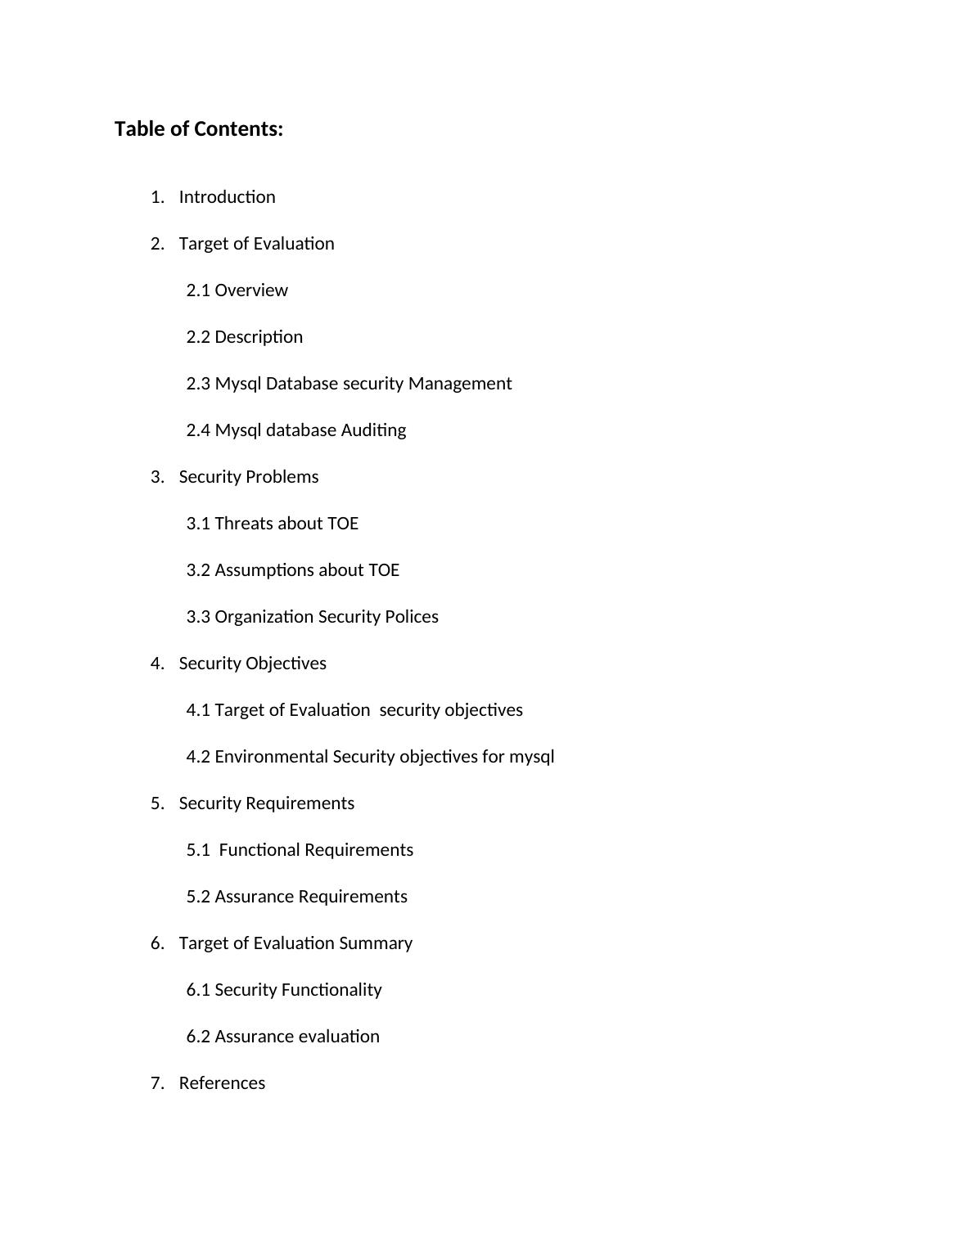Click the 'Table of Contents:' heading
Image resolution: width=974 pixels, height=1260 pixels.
[x=199, y=129]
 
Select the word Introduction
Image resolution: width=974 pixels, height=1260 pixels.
[x=227, y=197]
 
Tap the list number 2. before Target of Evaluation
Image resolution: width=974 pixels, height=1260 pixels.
[x=157, y=244]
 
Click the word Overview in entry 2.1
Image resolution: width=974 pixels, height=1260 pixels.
[x=251, y=290]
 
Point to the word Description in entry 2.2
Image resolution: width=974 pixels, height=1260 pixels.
[x=259, y=337]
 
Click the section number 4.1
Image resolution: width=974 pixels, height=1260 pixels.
[x=198, y=710]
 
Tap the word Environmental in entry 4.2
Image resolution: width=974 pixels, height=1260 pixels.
[x=272, y=757]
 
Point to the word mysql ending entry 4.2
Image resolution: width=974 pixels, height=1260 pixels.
[x=532, y=757]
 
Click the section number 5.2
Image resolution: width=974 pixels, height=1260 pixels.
[x=198, y=897]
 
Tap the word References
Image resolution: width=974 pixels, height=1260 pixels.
[x=222, y=1083]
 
